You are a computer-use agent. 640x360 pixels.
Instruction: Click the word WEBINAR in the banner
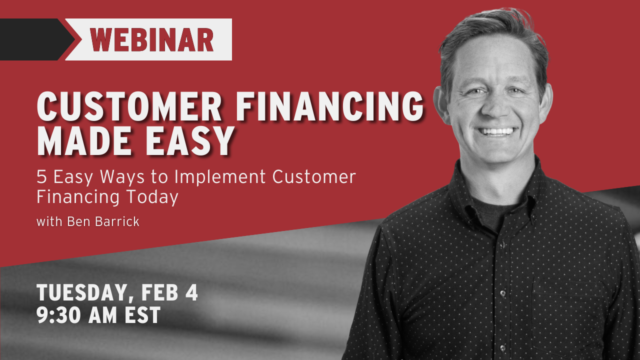point(152,40)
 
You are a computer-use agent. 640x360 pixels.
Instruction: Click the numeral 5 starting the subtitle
point(41,177)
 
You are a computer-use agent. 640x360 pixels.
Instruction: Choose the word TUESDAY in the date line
point(80,293)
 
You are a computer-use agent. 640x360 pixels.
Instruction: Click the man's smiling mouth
point(496,132)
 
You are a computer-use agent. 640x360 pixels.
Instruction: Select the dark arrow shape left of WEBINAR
point(35,39)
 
